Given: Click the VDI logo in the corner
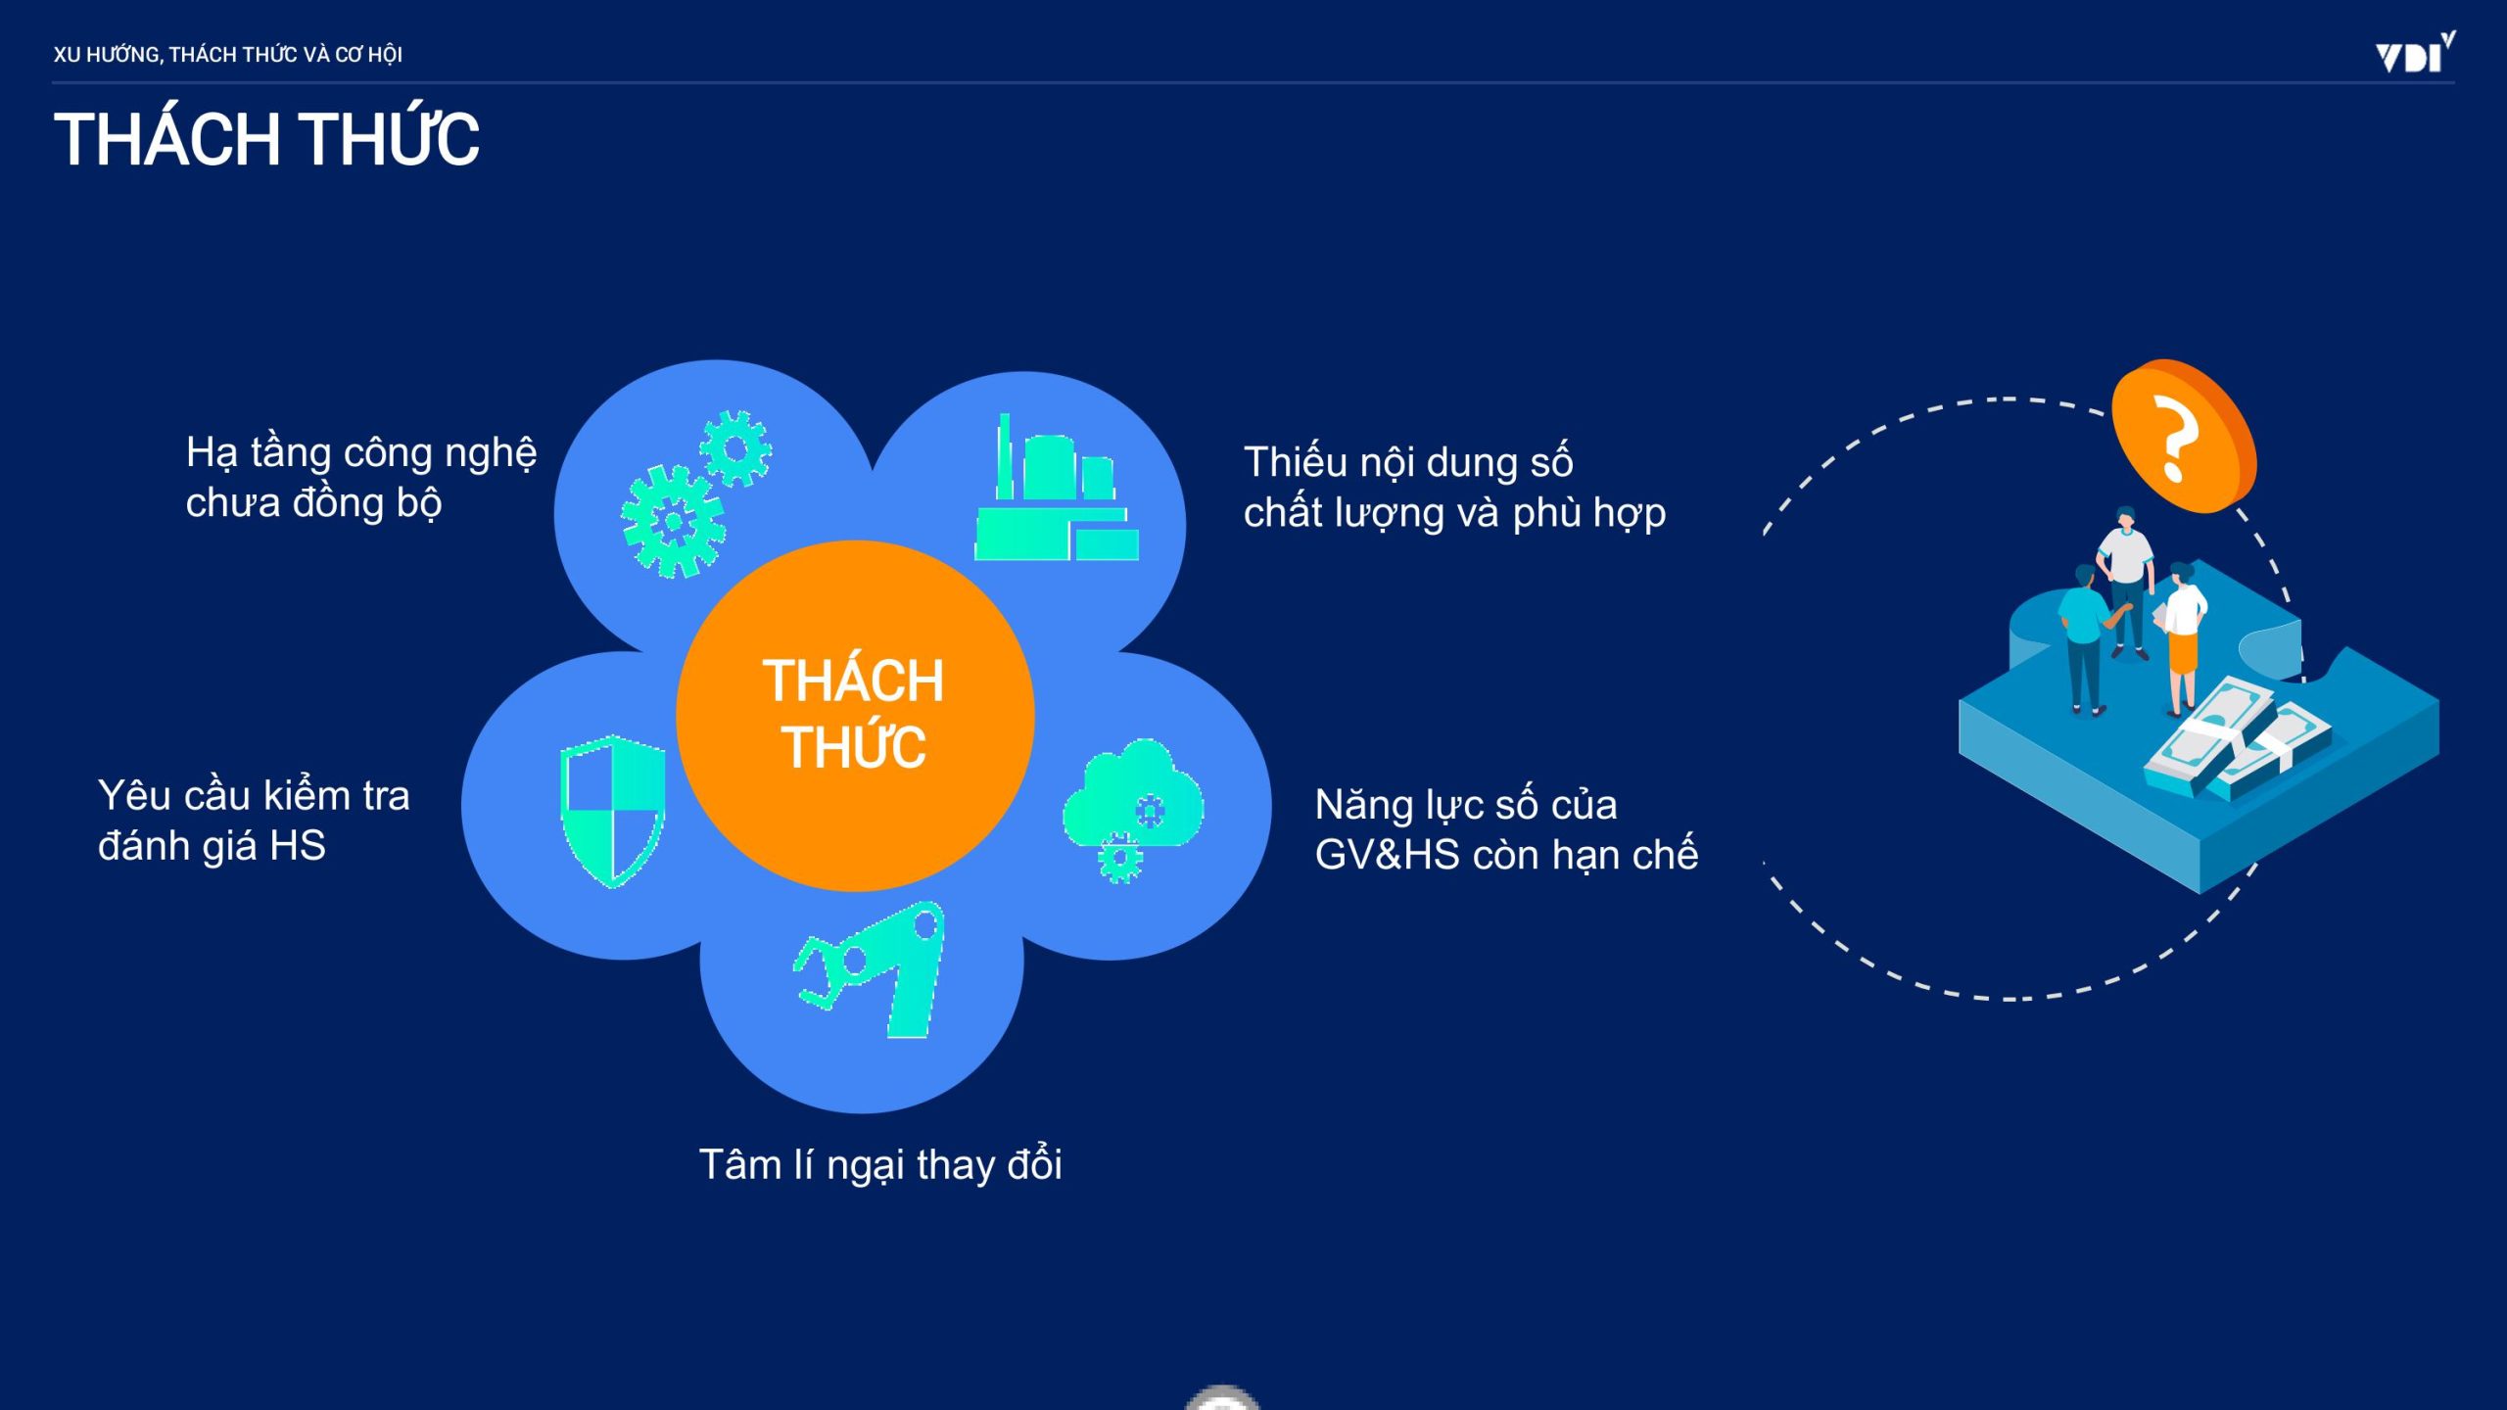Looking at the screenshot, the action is point(2415,54).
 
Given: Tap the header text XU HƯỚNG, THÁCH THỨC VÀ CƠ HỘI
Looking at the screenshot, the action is point(228,55).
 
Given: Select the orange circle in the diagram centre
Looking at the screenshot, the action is point(855,716).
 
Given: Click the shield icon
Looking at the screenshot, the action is point(613,812).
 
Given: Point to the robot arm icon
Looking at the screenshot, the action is point(870,969).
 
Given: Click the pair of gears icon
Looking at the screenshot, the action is point(696,493).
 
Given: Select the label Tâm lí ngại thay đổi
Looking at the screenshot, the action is point(880,1164).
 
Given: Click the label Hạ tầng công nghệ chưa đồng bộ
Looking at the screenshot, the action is point(361,478).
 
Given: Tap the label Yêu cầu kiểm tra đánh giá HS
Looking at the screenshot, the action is point(254,820).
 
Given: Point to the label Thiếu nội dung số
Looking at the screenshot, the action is point(1408,462).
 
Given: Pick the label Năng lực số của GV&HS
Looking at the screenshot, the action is point(1506,829).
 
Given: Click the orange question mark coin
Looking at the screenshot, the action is point(2184,437).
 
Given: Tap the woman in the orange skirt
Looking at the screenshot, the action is point(2184,638).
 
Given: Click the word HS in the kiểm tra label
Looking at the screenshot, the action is point(298,846).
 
